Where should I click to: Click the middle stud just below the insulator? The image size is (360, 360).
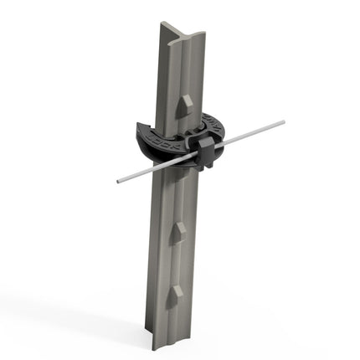(177, 232)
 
